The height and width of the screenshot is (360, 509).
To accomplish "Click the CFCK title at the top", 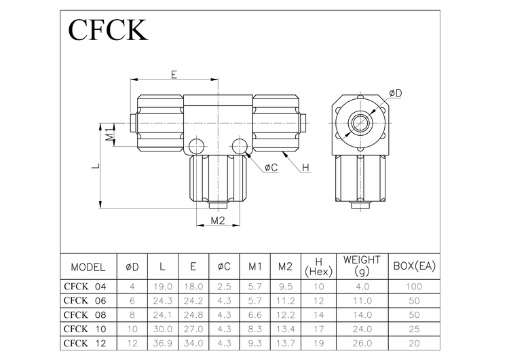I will click(108, 31).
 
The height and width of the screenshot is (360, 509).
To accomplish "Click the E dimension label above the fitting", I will click(174, 74).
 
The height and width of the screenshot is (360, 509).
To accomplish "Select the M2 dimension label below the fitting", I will click(217, 221).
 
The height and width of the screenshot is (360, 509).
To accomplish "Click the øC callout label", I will click(269, 167).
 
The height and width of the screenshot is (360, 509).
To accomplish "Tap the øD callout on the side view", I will click(396, 92).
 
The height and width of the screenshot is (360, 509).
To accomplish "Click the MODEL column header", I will click(88, 266).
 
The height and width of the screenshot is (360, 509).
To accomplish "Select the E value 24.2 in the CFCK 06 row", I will click(193, 300).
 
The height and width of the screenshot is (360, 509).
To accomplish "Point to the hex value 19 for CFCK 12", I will click(318, 342).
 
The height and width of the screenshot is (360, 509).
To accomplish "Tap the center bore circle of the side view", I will click(359, 123).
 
